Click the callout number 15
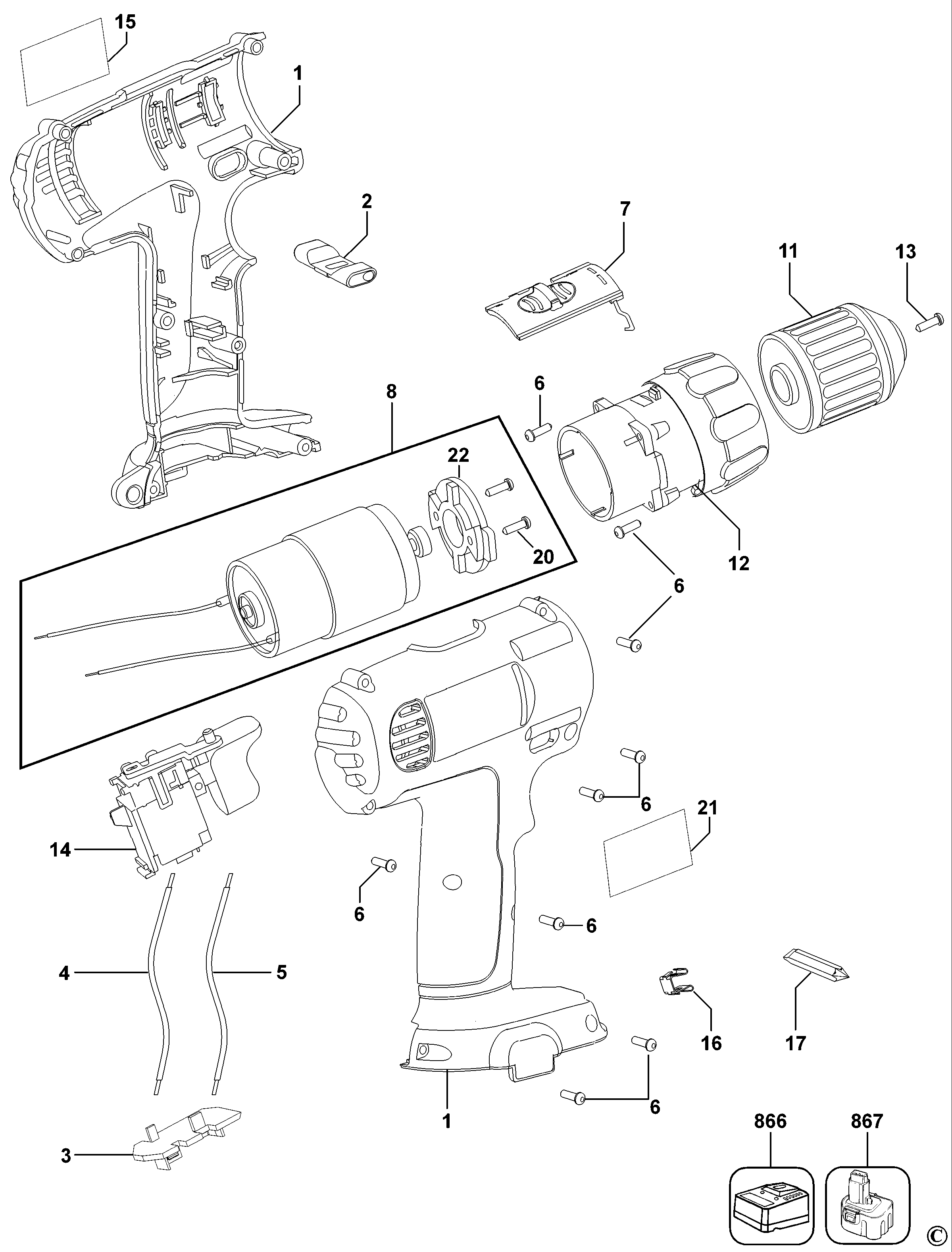[125, 22]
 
